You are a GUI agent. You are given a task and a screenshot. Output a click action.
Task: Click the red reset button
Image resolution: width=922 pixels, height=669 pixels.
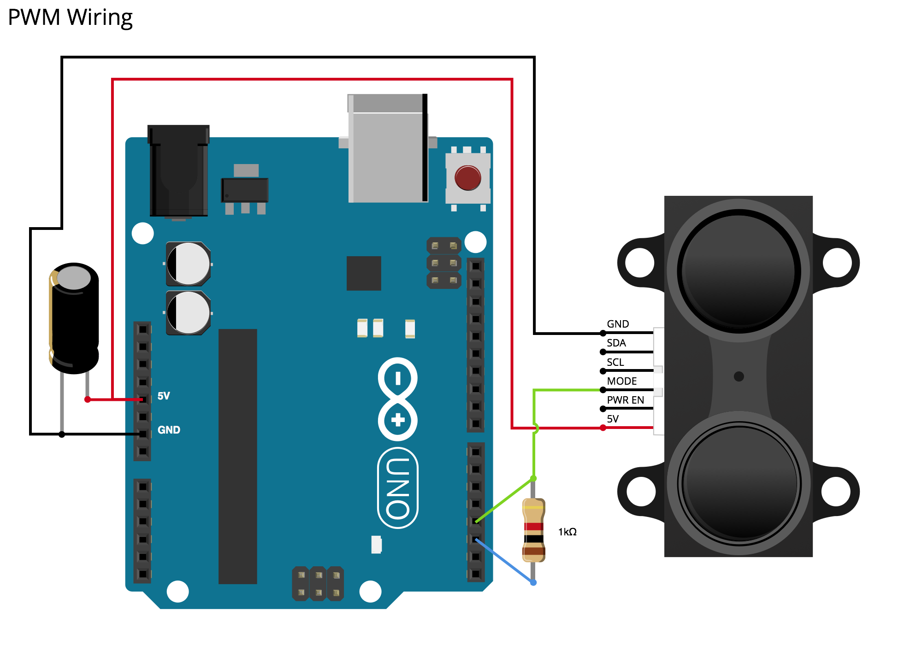(x=467, y=178)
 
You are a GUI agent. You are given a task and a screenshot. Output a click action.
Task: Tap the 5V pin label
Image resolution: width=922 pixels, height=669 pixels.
(x=164, y=396)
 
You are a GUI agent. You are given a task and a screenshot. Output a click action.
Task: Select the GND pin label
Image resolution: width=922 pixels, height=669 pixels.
(x=169, y=430)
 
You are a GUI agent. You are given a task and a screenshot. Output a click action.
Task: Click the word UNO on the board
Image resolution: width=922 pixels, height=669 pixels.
(x=397, y=488)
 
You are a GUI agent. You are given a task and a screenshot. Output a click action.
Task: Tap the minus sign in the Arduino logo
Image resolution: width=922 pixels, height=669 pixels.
(x=398, y=379)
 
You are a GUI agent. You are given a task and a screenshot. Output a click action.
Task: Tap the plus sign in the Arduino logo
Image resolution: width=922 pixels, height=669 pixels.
(x=398, y=420)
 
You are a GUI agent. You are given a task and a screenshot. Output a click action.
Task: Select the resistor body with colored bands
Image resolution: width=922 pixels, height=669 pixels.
(x=533, y=530)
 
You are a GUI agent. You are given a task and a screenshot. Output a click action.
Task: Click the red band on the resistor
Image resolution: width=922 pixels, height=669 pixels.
(x=533, y=527)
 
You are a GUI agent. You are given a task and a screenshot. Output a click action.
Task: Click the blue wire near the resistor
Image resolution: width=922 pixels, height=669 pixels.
(x=505, y=562)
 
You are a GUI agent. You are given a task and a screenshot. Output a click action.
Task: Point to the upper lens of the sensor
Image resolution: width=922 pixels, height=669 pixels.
(x=738, y=271)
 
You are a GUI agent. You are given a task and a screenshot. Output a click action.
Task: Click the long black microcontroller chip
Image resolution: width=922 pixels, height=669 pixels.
(x=237, y=456)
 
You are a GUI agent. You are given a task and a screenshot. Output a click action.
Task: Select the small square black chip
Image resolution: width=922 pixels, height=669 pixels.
(x=364, y=273)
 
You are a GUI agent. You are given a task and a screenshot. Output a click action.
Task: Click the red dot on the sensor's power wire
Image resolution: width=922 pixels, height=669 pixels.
(x=603, y=428)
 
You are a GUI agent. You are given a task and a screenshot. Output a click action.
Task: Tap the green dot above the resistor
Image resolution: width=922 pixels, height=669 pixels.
(x=533, y=479)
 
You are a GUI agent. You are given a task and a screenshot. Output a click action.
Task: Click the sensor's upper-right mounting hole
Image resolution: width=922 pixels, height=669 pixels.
(x=837, y=263)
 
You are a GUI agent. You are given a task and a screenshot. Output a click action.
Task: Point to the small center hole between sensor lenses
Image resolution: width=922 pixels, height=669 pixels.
(x=739, y=376)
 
